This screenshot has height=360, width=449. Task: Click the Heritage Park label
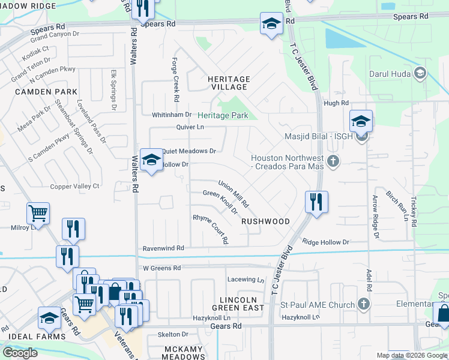point(223,115)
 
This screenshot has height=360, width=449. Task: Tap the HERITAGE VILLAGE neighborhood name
point(228,83)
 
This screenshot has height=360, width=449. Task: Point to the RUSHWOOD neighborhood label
point(265,221)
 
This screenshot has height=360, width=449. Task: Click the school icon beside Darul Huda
point(420,73)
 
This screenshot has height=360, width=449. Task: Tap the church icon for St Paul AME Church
point(363,305)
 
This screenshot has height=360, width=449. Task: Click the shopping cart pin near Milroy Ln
point(38,213)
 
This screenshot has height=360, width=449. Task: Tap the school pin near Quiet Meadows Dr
point(151,160)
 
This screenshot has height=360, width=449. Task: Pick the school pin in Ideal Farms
point(49,318)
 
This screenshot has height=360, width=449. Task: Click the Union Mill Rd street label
point(234,194)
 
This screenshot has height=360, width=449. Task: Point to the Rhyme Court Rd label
point(211,229)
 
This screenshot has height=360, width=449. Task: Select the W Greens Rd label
point(161,268)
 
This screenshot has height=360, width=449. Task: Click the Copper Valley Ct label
point(74,187)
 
